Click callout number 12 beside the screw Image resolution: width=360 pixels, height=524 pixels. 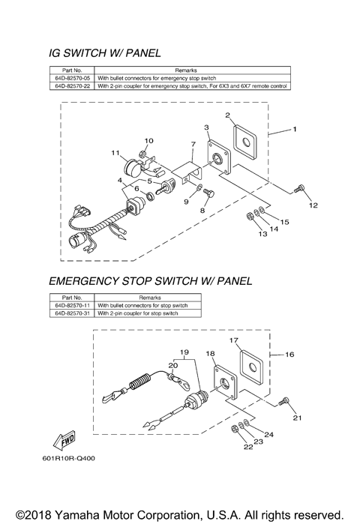[x=313, y=205]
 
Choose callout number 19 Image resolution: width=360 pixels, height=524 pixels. [x=183, y=351]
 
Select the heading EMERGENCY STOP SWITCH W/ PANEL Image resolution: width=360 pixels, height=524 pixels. [x=150, y=281]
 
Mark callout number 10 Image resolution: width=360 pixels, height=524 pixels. [x=148, y=140]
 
